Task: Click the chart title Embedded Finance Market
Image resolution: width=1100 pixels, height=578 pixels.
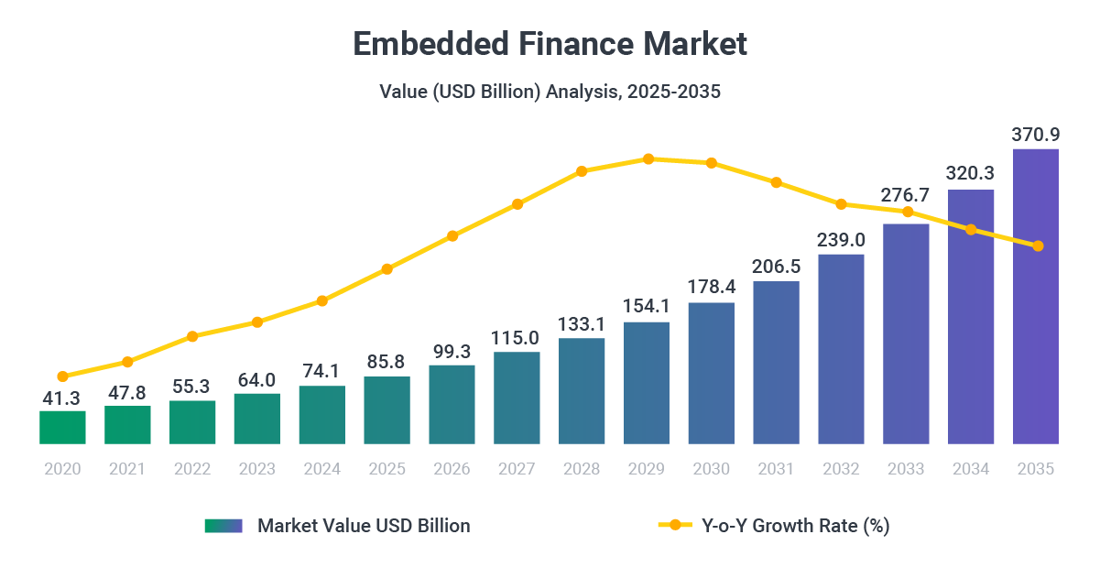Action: [550, 44]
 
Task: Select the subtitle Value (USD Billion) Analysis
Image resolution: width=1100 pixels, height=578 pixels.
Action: [550, 92]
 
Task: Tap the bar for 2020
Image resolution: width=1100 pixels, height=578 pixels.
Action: [62, 428]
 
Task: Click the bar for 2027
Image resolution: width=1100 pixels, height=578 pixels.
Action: [517, 398]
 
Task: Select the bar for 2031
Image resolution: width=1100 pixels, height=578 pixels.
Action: [776, 363]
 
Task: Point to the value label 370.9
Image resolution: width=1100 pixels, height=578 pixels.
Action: [1035, 135]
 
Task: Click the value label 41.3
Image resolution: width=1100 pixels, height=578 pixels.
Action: [62, 398]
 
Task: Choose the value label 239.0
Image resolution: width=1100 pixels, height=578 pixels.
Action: [841, 240]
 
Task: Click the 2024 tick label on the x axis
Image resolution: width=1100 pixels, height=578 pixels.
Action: [321, 469]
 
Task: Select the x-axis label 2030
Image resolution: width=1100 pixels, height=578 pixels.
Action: [711, 469]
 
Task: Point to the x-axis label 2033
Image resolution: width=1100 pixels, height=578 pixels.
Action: [906, 469]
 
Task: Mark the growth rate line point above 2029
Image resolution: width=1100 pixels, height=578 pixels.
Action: [648, 158]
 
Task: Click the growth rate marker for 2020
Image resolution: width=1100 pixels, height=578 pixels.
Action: [62, 376]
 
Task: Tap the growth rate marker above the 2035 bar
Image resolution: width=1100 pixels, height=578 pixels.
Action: [1038, 246]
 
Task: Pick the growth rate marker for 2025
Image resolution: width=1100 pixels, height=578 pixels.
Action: [387, 269]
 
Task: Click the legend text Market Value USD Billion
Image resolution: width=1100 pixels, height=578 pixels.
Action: [364, 526]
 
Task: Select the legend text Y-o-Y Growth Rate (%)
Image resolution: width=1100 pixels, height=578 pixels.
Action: [795, 526]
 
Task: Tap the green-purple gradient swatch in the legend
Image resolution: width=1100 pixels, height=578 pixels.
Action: [223, 526]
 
